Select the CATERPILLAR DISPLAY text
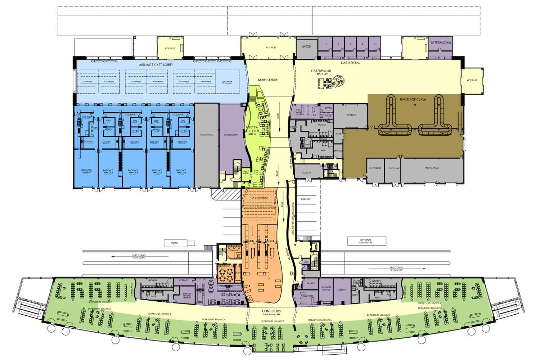click(321, 72)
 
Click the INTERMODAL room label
click(441, 43)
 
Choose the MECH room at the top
click(307, 47)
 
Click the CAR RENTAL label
click(351, 63)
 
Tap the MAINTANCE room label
click(207, 135)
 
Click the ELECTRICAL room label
click(375, 168)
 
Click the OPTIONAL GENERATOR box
click(366, 241)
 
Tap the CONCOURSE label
click(272, 311)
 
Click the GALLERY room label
click(341, 290)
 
